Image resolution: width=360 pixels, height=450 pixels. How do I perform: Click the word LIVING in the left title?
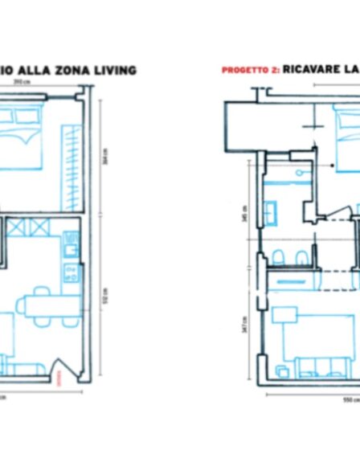pos(113,71)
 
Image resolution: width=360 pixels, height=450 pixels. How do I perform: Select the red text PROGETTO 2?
pos(250,71)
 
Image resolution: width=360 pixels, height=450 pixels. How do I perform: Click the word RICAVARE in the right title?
pos(309,70)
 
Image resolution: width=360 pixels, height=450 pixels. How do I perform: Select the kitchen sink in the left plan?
pos(71,239)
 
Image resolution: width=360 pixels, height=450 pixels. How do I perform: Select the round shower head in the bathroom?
pos(298,173)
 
